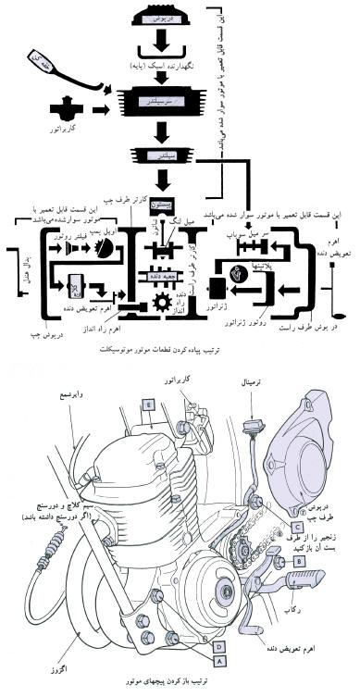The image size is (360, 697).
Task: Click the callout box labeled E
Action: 148,429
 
